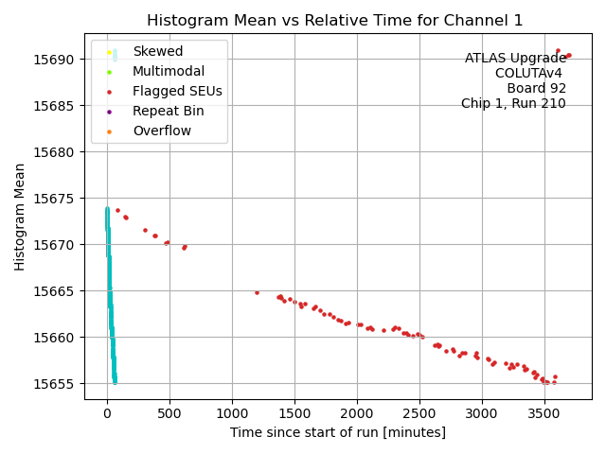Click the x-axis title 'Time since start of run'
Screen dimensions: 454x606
337,432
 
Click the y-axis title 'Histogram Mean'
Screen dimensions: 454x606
20,217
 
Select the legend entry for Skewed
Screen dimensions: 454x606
157,51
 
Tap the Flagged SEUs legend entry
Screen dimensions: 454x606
177,92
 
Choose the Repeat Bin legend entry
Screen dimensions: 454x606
168,111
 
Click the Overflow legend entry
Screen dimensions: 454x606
161,131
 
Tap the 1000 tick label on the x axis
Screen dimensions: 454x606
232,413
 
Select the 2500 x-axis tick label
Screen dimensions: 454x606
419,413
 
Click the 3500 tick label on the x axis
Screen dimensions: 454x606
544,413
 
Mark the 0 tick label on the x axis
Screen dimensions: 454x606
107,413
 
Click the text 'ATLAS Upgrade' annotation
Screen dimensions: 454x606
515,59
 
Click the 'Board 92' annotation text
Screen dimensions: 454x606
536,89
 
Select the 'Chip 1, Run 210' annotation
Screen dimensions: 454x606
513,104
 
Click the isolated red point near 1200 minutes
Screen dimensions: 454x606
257,292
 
